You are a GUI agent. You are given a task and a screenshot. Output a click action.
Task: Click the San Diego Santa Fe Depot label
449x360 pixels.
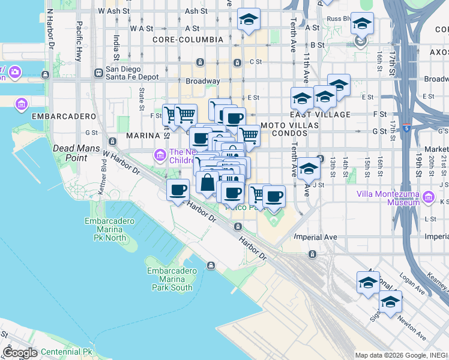132,73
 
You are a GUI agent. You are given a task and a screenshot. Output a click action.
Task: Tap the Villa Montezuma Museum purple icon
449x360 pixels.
428,197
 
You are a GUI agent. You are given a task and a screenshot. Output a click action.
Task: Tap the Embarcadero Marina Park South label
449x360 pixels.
169,279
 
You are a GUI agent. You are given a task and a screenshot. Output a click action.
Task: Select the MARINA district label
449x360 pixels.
142,136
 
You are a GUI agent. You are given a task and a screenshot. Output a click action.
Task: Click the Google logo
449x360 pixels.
20,353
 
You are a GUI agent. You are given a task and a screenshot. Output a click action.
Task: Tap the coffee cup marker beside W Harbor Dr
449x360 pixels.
177,191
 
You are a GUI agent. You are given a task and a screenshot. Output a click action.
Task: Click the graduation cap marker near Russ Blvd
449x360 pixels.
362,23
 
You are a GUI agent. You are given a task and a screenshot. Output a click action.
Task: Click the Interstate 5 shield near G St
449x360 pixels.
406,128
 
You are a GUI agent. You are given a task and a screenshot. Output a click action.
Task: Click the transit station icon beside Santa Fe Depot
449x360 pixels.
98,73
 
